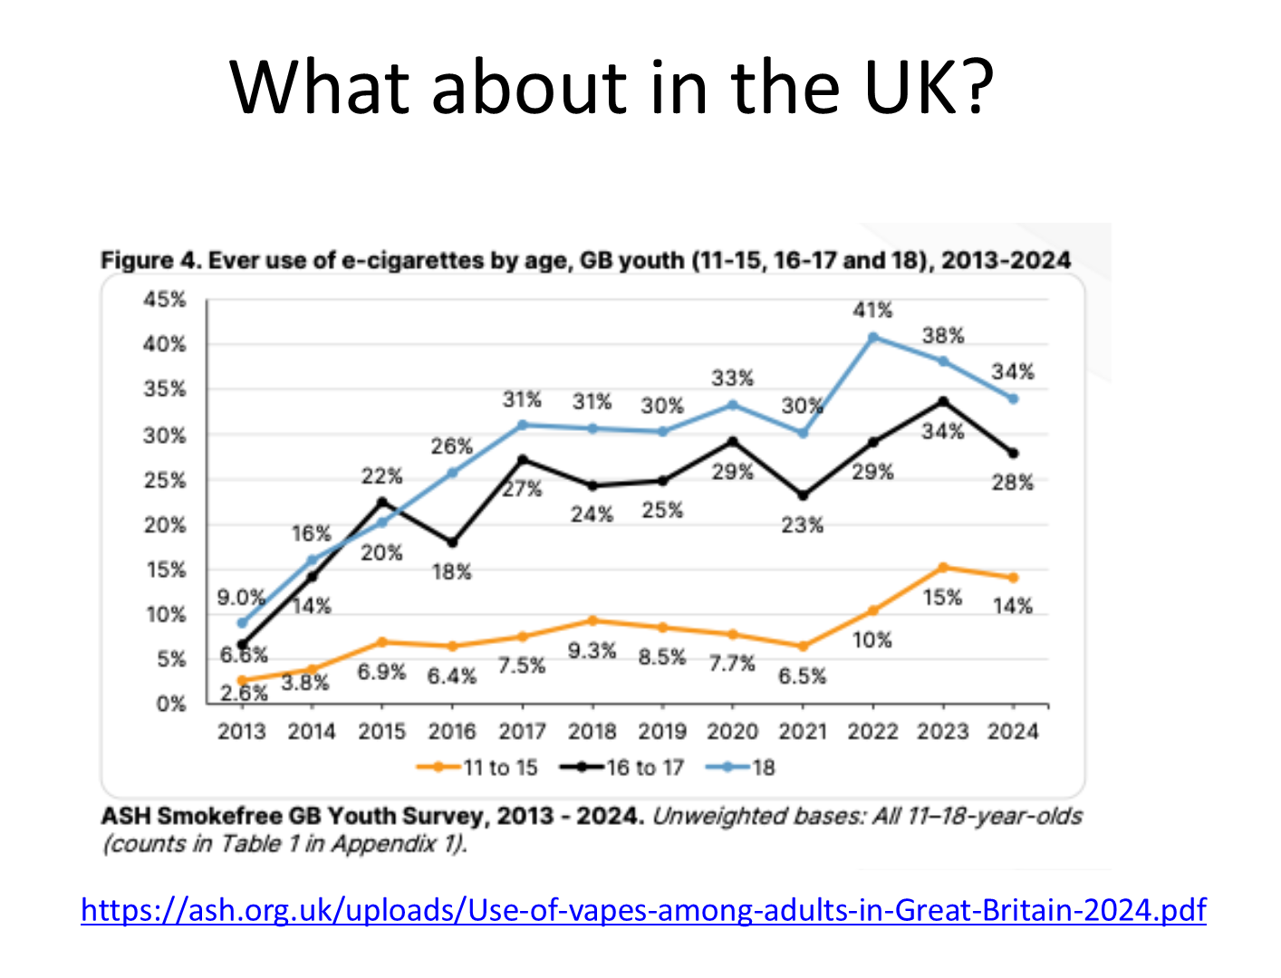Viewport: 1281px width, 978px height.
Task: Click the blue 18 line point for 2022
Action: click(873, 338)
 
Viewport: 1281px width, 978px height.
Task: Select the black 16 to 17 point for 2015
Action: click(381, 502)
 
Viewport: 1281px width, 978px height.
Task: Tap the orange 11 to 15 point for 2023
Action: click(943, 568)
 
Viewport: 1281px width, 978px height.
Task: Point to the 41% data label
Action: click(872, 311)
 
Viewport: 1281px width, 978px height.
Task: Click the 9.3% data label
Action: click(592, 651)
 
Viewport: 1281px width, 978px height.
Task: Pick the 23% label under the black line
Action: click(803, 525)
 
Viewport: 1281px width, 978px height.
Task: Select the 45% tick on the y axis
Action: click(164, 300)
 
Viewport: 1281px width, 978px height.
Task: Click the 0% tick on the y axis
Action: click(170, 705)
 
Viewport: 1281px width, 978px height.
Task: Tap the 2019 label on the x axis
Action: click(662, 732)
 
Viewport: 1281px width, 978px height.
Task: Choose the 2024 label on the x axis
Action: click(1013, 732)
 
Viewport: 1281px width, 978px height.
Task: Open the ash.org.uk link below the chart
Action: click(643, 909)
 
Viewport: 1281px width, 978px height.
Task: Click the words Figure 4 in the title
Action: click(149, 261)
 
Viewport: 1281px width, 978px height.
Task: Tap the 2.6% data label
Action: click(245, 694)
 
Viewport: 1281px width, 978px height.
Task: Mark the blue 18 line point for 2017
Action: click(522, 425)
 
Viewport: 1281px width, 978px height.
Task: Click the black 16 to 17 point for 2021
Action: click(803, 495)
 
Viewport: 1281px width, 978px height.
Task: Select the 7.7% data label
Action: click(732, 664)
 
